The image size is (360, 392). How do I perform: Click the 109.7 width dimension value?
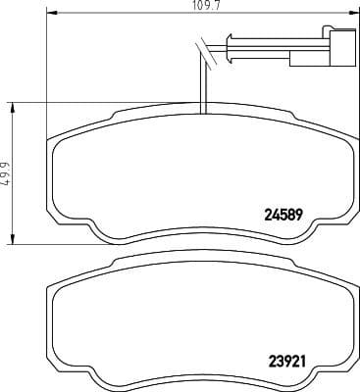(202, 7)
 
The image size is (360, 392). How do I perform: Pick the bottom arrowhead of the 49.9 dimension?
(14, 240)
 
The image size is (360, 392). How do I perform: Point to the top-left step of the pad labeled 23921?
(116, 264)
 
